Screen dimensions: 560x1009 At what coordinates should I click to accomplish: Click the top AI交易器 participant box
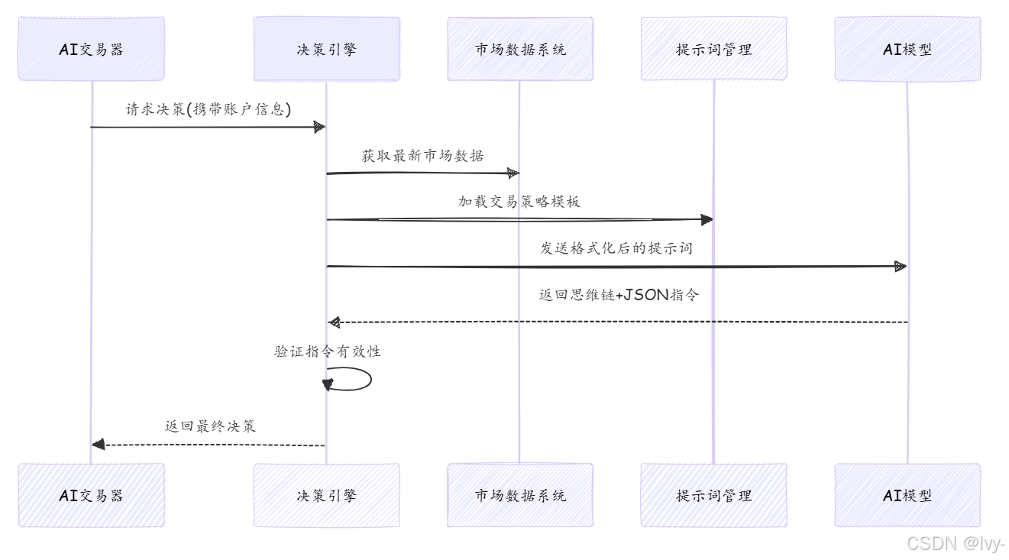(x=91, y=49)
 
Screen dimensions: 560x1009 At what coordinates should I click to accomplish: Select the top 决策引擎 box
(x=326, y=49)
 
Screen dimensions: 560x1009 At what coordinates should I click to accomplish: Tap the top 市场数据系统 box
(x=520, y=49)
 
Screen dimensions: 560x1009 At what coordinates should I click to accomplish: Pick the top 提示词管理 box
(x=713, y=49)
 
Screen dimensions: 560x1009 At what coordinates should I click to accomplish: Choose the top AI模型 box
(x=907, y=49)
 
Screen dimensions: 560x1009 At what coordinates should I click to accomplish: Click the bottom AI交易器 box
(x=91, y=495)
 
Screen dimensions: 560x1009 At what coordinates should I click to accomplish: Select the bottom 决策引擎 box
(x=326, y=495)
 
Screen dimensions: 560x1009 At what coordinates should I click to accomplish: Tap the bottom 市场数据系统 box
(x=520, y=495)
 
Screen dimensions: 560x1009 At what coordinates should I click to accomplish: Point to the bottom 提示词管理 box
(x=713, y=495)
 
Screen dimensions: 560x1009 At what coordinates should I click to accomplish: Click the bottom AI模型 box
(x=907, y=495)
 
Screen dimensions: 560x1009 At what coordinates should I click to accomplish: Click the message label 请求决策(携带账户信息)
(x=209, y=109)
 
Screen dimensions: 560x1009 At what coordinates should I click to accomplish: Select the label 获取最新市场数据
(x=422, y=156)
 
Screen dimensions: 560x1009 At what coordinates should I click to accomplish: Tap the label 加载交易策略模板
(x=519, y=202)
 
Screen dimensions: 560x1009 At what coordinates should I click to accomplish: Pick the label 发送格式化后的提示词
(x=616, y=248)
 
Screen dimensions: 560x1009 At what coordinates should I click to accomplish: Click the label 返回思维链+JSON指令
(x=618, y=295)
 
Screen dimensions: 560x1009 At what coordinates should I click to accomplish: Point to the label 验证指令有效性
(x=328, y=351)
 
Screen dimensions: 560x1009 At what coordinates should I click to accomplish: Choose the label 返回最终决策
(x=210, y=426)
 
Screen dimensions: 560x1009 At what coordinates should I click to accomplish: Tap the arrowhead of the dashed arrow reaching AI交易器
(x=98, y=445)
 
